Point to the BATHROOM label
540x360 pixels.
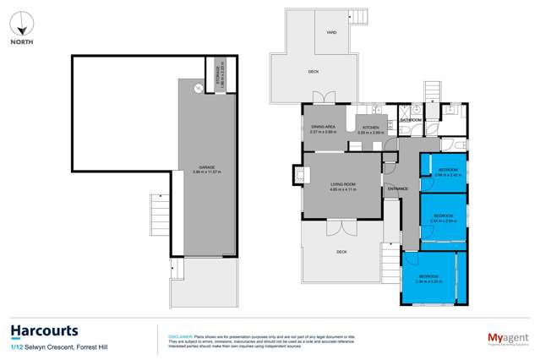click(x=411, y=119)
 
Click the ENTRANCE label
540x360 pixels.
click(x=397, y=188)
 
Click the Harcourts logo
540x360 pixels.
click(x=44, y=330)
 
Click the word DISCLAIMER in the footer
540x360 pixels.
click(x=181, y=333)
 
